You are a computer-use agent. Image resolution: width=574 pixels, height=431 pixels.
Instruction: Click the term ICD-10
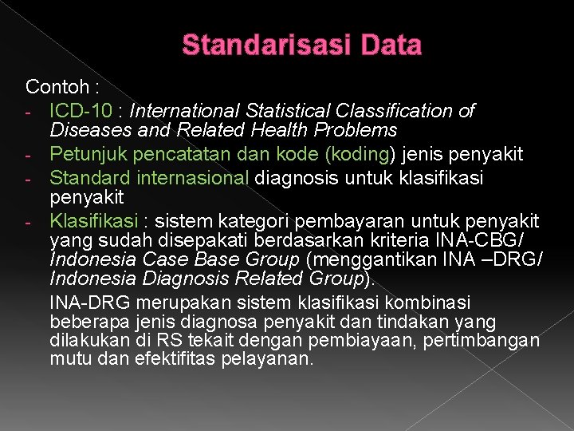point(79,109)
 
